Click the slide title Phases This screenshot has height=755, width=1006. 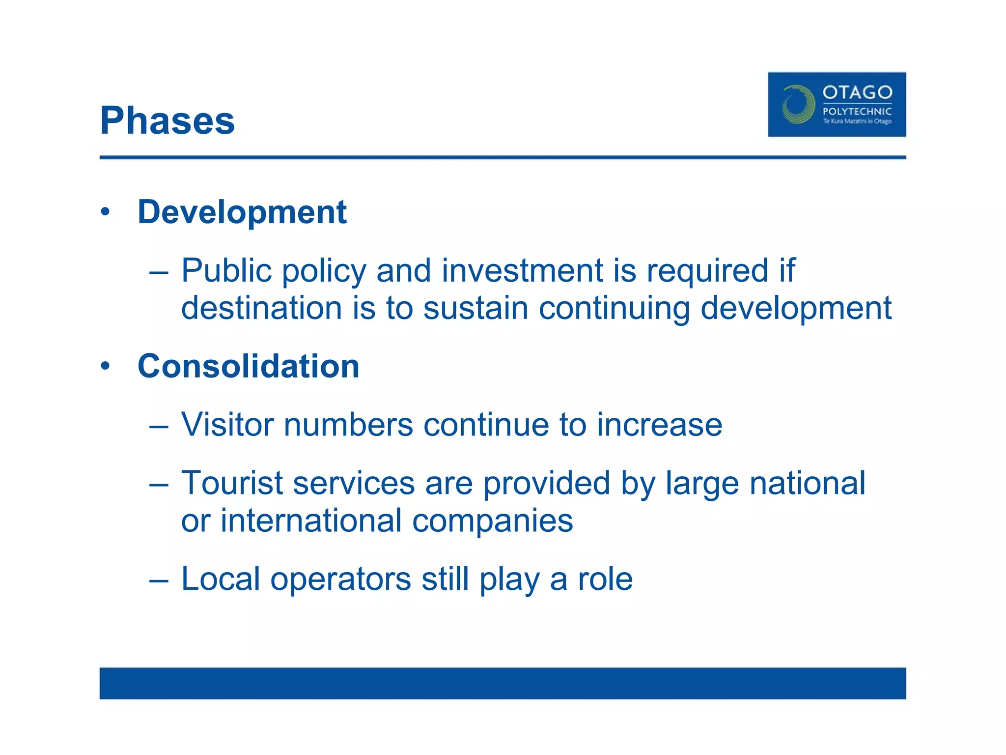pos(168,121)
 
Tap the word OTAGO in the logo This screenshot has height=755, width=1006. pos(857,92)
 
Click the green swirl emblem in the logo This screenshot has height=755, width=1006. pos(798,104)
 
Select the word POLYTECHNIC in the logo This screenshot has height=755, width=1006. pos(857,112)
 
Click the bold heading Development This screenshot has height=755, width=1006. pos(242,212)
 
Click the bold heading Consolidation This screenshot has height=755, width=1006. pos(249,366)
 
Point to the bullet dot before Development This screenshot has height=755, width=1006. pos(105,212)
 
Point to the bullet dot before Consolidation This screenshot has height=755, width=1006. pos(105,366)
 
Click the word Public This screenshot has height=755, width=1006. pos(226,271)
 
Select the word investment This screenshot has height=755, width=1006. pos(522,271)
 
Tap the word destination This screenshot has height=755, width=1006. pos(261,308)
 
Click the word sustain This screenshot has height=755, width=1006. pos(475,308)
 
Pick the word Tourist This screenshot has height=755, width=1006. pos(232,483)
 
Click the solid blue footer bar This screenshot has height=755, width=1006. pos(503,683)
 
